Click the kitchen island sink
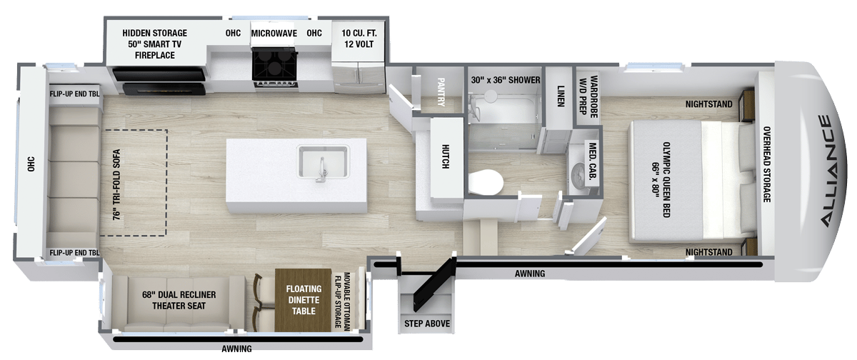[324, 162]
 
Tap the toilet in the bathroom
[485, 182]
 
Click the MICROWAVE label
[274, 34]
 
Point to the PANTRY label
[441, 92]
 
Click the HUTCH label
[446, 156]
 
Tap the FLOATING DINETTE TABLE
[304, 300]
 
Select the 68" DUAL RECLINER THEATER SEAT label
[179, 300]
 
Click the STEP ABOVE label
[427, 324]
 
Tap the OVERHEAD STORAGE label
[767, 164]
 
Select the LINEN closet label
[561, 96]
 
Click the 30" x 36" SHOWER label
[506, 80]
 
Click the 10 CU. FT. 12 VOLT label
[359, 39]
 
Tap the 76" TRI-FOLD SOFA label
[116, 184]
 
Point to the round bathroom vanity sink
[578, 176]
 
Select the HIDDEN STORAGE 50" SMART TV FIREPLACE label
[154, 44]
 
